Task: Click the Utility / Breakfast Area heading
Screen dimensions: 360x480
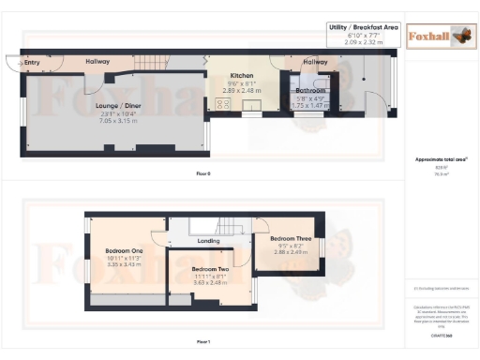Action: (364, 29)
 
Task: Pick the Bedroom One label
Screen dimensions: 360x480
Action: (124, 250)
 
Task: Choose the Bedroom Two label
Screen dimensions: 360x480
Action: (197, 269)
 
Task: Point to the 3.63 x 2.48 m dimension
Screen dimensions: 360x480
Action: (197, 284)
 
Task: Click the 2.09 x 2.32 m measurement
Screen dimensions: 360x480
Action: (364, 43)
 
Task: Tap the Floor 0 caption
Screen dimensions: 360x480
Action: (202, 174)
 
